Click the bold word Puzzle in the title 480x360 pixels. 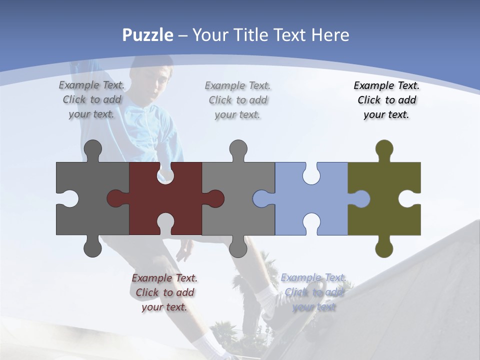148,35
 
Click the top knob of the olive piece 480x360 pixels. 384,149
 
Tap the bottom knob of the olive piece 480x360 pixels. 384,248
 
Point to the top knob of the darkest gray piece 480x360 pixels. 92,149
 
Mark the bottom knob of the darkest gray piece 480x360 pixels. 92,248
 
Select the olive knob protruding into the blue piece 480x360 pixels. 361,198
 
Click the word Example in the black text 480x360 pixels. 373,85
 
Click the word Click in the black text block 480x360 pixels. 369,100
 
